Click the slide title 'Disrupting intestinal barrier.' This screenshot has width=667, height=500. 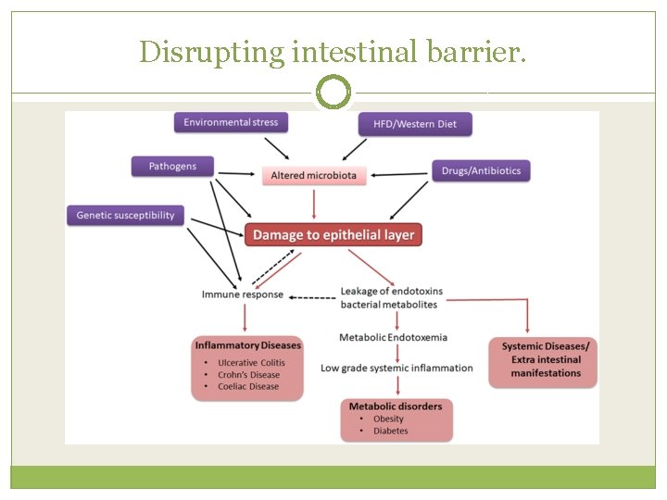[333, 52]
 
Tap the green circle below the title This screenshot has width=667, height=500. [333, 93]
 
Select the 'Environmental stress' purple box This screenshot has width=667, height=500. [231, 122]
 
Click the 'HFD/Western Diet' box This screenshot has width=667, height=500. [415, 124]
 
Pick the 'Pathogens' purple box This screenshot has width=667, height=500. [172, 167]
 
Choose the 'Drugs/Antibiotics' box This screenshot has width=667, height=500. [481, 170]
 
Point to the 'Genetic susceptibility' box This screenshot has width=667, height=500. [125, 215]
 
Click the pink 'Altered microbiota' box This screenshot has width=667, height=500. [313, 175]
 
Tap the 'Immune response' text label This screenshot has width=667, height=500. [243, 294]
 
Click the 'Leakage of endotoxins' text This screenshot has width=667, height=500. [391, 291]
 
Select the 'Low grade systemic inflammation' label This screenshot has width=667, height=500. [396, 368]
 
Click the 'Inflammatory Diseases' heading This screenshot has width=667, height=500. [247, 345]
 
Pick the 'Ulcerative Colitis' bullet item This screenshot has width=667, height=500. [251, 362]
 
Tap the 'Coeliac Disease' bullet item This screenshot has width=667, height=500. [247, 386]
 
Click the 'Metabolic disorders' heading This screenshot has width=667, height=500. [396, 406]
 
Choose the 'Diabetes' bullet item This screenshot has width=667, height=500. [390, 431]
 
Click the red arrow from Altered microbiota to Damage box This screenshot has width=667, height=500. [314, 203]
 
